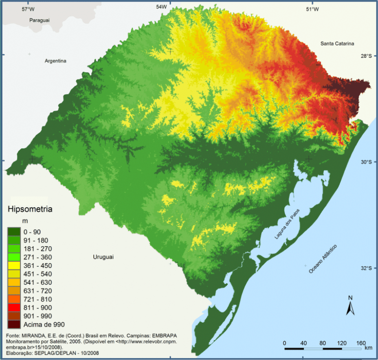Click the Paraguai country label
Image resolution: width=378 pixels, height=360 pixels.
[40, 21]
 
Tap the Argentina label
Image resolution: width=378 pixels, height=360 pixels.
[55, 61]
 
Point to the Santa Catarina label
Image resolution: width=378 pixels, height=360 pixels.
[337, 44]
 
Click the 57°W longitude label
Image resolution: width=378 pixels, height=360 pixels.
[29, 9]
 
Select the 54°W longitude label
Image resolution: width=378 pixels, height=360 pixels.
[161, 7]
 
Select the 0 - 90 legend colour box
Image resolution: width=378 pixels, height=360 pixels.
[14, 232]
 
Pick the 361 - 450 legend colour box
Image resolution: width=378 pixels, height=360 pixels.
[14, 266]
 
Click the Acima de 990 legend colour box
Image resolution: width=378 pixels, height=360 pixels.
[14, 324]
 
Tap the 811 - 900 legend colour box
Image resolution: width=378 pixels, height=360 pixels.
[14, 308]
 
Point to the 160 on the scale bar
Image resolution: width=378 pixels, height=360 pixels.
[360, 343]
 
